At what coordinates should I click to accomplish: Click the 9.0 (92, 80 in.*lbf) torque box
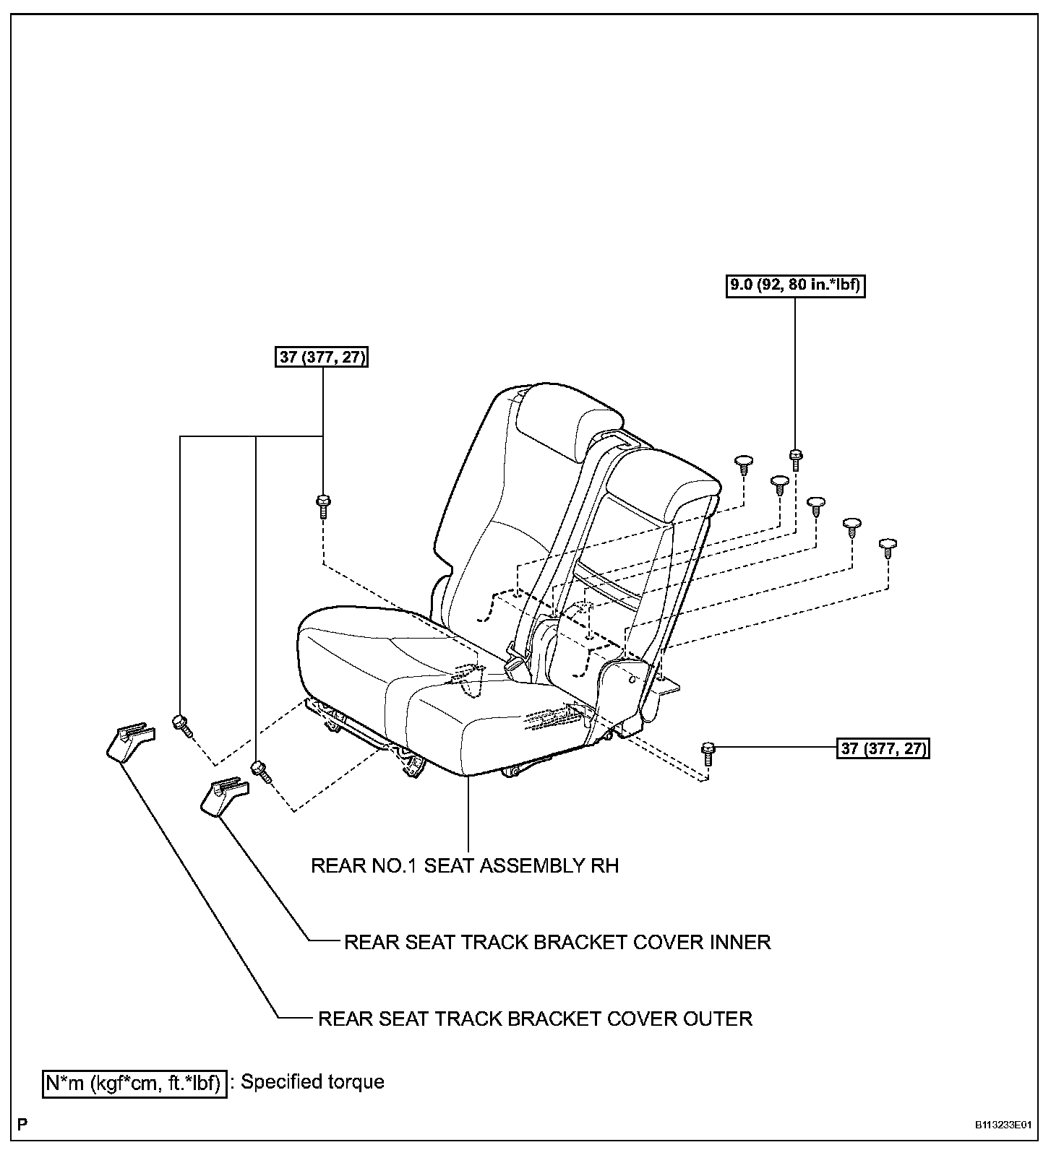pos(795,286)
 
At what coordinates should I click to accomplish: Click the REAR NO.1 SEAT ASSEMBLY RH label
pos(465,865)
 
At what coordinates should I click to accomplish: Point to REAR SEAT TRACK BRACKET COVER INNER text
pos(557,942)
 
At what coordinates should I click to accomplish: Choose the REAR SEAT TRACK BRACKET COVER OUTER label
pos(536,1019)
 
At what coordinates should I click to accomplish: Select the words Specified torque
pos(312,1082)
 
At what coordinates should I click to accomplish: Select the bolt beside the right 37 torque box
pos(708,753)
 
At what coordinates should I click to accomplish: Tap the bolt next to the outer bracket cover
pos(181,724)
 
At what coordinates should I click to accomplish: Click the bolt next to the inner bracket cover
pos(260,771)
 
